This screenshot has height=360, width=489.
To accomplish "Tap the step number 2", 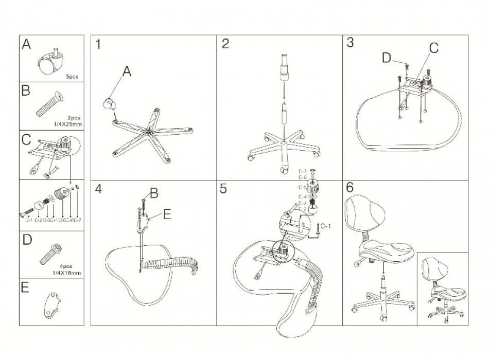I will tap(225, 44).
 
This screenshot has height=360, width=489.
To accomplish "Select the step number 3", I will tap(350, 43).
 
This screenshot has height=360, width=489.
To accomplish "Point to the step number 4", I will tap(98, 189).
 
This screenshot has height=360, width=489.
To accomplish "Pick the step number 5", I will tap(223, 189).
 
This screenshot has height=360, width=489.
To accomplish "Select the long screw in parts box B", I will tap(49, 104).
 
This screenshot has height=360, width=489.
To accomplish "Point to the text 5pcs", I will tap(72, 76).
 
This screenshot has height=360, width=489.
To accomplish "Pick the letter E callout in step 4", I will tap(167, 214).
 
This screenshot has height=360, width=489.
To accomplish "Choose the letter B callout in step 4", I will tap(153, 194).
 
